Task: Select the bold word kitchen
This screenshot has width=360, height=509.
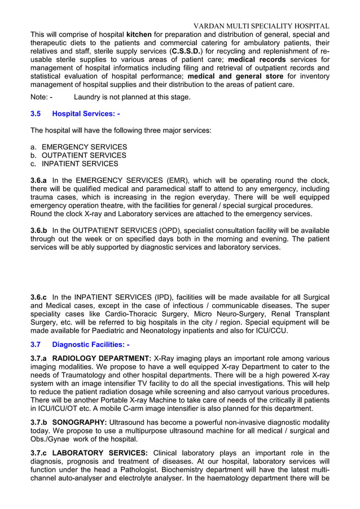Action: coord(139,34)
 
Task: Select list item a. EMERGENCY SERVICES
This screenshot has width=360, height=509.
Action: coord(79,147)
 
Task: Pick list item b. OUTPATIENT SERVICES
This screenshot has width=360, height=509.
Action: coord(79,155)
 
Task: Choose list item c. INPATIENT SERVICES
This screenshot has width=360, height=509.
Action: coord(74,164)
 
